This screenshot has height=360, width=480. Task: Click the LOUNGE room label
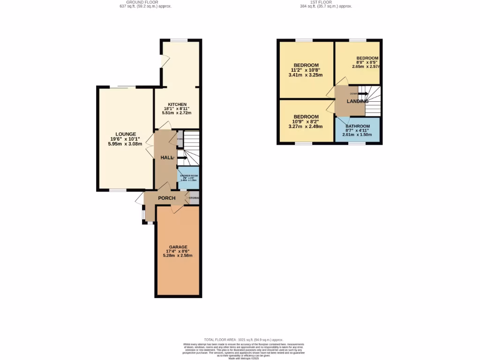click(126, 134)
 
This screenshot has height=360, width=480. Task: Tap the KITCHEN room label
click(177, 104)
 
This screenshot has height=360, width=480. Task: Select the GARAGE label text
click(178, 247)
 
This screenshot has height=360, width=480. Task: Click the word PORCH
click(166, 198)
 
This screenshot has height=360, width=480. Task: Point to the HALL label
click(167, 158)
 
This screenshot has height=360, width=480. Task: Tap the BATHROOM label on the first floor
click(358, 126)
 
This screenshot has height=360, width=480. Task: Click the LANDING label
click(357, 101)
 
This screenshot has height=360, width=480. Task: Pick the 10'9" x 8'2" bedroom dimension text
click(306, 121)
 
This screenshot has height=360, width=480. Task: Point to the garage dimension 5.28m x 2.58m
click(178, 255)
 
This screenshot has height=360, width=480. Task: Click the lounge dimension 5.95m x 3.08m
click(126, 144)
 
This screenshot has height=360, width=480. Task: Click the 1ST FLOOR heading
click(325, 2)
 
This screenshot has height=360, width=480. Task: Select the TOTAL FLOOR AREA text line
click(243, 339)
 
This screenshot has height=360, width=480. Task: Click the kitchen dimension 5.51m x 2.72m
click(177, 113)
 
